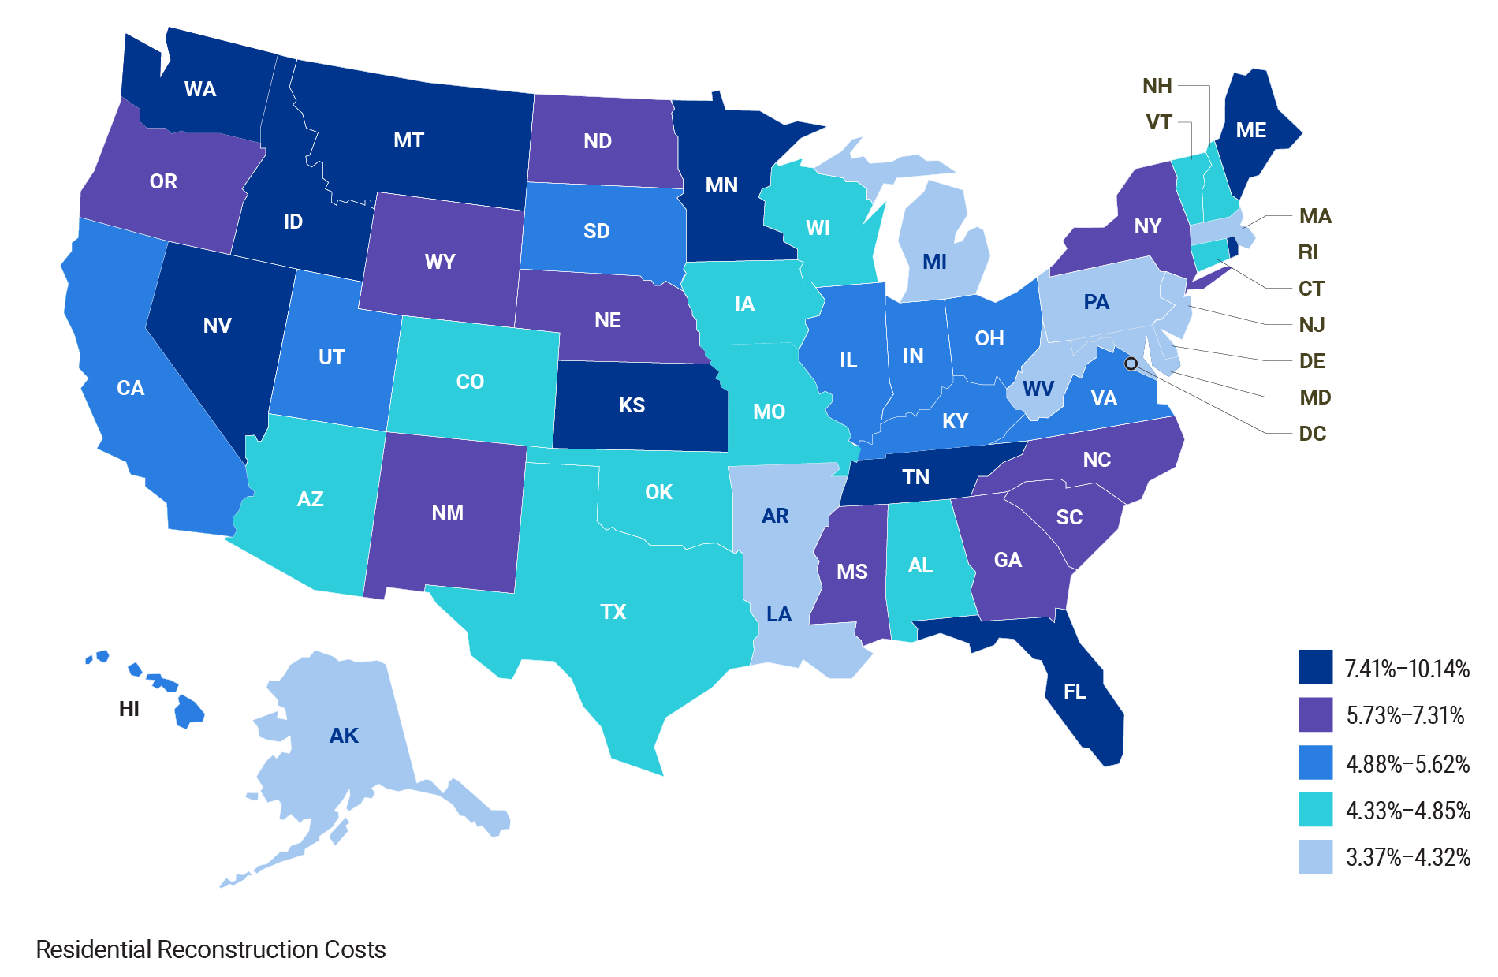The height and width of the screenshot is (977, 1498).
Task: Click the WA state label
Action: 199,89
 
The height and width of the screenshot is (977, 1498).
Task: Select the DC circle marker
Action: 1131,364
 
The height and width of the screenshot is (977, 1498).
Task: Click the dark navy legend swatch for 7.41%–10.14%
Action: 1315,667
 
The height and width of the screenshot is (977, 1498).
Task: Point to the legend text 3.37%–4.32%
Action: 1407,857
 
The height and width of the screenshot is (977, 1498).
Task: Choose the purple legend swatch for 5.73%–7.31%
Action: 1315,714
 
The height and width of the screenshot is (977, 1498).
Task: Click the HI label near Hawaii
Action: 129,709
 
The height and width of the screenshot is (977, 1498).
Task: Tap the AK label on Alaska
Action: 344,736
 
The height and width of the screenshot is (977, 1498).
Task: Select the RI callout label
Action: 1308,252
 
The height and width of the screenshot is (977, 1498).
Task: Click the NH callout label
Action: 1157,86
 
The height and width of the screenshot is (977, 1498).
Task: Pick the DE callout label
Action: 1312,361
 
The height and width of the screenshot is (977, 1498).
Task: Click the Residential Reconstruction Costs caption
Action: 211,949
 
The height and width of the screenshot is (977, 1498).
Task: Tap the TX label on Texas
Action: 613,612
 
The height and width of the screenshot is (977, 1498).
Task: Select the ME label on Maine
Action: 1251,130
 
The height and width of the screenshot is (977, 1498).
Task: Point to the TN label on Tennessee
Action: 916,477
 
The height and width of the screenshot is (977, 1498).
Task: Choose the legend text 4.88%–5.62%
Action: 1407,764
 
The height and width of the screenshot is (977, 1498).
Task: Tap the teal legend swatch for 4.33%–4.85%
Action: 1315,810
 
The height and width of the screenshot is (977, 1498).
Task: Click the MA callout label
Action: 1315,216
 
